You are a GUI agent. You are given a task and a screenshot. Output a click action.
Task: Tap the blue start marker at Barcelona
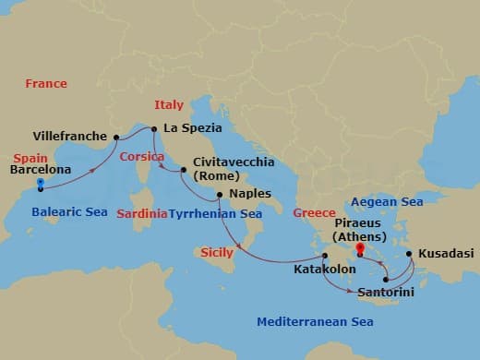pyautogui.click(x=40, y=183)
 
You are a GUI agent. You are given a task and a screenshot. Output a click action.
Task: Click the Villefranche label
pyautogui.click(x=70, y=136)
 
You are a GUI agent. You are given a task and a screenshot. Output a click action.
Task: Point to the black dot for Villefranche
pyautogui.click(x=116, y=138)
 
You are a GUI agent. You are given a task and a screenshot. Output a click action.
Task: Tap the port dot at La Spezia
pyautogui.click(x=155, y=129)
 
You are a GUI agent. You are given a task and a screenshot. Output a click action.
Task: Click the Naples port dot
pyautogui.click(x=219, y=195)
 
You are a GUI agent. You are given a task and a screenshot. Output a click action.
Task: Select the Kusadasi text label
pyautogui.click(x=445, y=252)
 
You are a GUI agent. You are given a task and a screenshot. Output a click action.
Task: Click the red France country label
pyautogui.click(x=46, y=84)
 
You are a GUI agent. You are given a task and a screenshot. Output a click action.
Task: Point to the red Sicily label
pyautogui.click(x=217, y=252)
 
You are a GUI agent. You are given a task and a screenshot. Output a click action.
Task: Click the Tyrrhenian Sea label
pyautogui.click(x=215, y=213)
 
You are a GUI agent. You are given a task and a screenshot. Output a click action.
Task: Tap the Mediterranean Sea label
pyautogui.click(x=315, y=322)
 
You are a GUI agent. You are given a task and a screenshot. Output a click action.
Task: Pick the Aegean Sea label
pyautogui.click(x=387, y=201)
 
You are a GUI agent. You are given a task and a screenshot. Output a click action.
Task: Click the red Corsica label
pyautogui.click(x=141, y=157)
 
